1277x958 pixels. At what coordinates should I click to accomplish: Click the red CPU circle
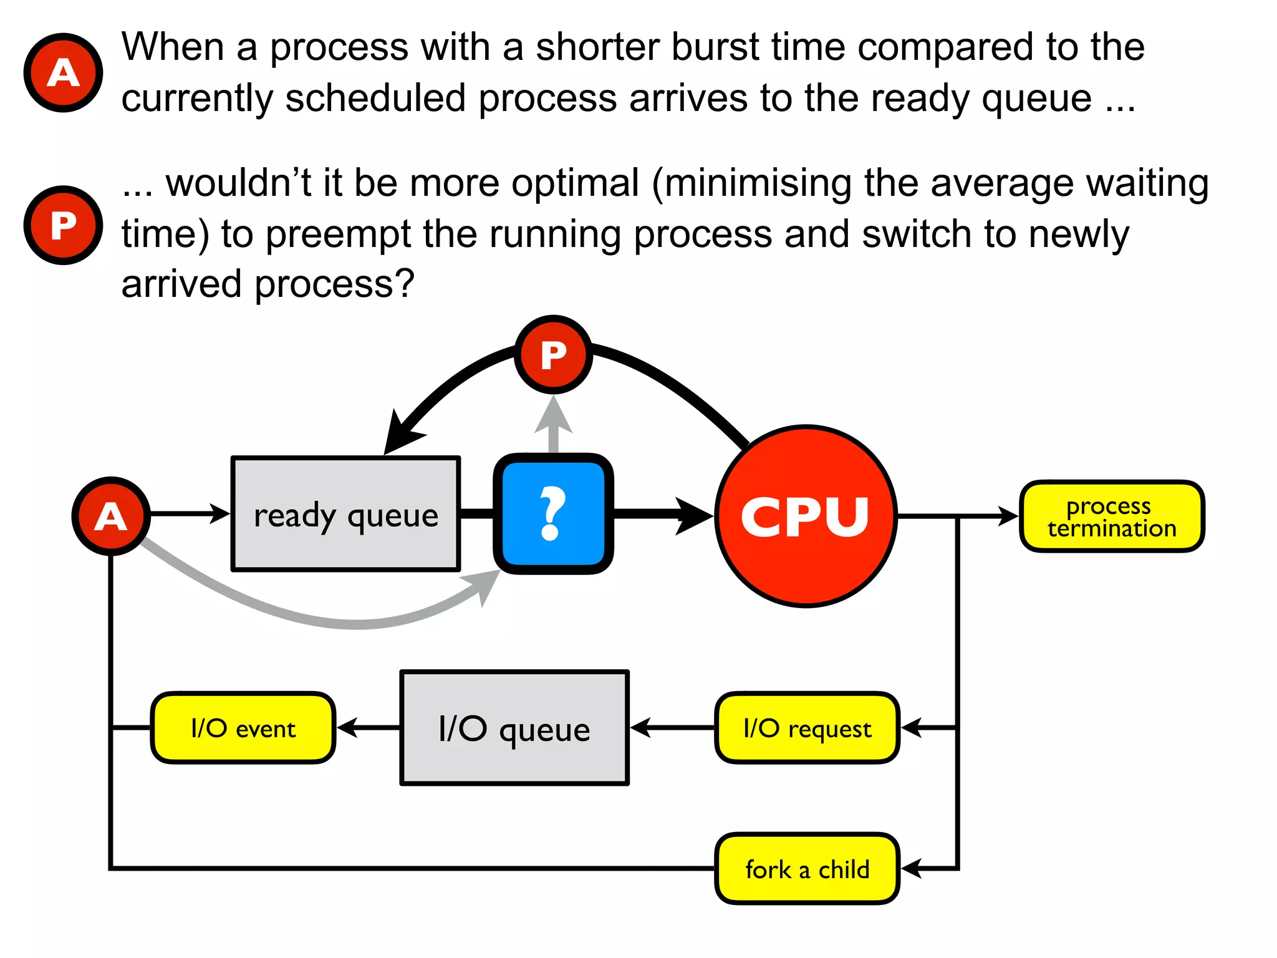(x=806, y=516)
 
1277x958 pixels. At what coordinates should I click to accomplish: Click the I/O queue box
(x=514, y=728)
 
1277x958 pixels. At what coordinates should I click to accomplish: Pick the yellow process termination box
(x=1112, y=516)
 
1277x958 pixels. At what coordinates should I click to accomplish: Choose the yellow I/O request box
(x=807, y=728)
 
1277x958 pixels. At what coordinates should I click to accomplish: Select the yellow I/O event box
(x=243, y=728)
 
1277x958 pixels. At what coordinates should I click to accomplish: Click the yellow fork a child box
(x=807, y=869)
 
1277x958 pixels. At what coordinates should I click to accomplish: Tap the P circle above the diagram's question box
(x=553, y=354)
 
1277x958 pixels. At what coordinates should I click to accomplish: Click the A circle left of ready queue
(x=111, y=516)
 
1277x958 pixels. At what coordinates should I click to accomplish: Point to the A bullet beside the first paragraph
(x=63, y=73)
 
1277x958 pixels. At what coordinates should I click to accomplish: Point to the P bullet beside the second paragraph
(x=63, y=225)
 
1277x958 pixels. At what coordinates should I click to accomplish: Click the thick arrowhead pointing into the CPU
(x=693, y=516)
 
